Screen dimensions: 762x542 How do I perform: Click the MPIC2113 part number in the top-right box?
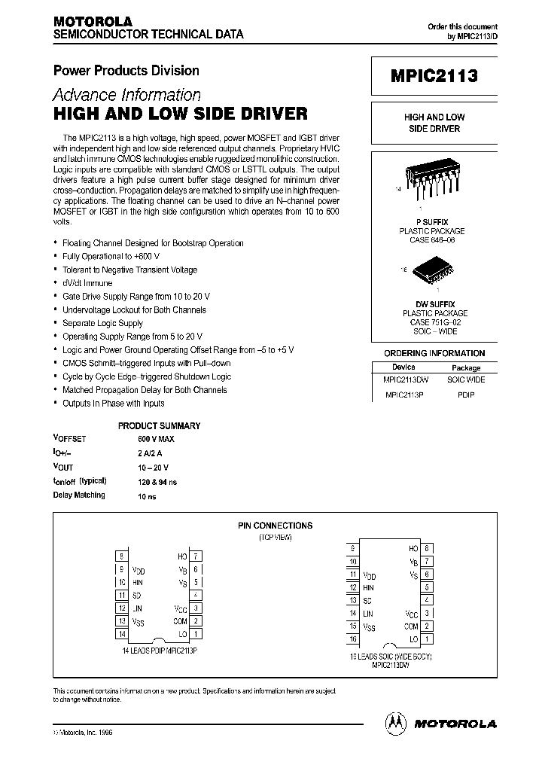434,77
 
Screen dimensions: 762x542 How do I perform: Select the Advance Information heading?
126,95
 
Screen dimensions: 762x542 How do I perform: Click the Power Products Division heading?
126,71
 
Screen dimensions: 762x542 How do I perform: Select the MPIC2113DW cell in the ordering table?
406,380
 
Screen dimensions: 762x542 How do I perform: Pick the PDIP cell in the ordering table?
466,395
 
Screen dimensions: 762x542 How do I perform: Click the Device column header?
403,367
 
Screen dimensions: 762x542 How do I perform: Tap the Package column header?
466,367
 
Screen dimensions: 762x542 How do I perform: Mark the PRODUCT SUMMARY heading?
159,425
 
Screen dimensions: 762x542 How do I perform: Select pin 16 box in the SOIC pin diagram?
352,639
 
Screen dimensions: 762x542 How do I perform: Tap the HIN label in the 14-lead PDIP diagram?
139,582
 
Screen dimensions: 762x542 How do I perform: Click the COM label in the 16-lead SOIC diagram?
410,626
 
